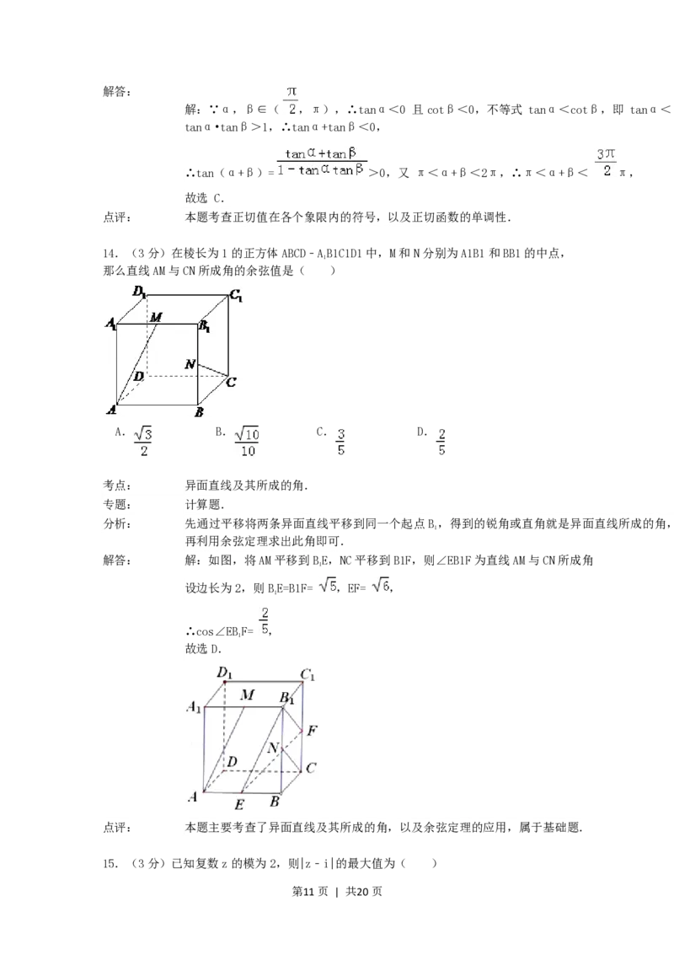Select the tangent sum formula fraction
click(324, 161)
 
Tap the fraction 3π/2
click(607, 162)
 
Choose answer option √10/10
click(248, 441)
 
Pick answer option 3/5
click(341, 441)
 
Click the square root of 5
click(327, 583)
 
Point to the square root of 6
click(380, 583)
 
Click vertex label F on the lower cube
click(313, 731)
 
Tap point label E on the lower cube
click(239, 804)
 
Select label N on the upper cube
click(190, 365)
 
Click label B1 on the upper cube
click(204, 327)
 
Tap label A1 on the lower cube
click(194, 707)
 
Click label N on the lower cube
click(273, 748)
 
